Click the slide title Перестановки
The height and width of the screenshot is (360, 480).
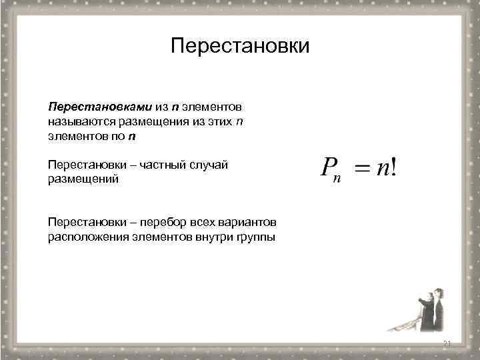[x=240, y=47]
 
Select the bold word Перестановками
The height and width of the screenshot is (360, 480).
[x=100, y=107]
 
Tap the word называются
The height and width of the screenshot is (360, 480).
[x=81, y=121]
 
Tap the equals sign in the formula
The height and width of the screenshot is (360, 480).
[x=361, y=169]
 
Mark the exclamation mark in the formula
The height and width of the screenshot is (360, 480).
[x=397, y=167]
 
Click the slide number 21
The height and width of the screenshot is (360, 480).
[x=447, y=343]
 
